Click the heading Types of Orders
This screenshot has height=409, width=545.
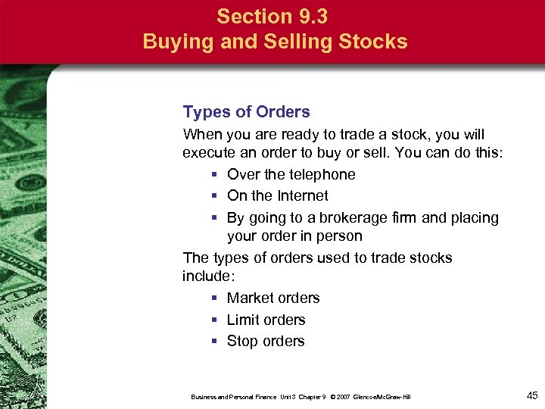246,112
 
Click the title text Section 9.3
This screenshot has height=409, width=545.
276,16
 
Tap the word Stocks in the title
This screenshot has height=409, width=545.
374,41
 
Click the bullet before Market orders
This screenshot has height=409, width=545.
216,298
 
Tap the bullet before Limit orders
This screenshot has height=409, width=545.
216,320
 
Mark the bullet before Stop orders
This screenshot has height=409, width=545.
216,342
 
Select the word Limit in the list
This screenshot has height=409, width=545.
243,320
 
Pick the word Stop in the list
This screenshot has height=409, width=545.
242,342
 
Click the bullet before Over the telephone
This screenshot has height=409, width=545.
216,175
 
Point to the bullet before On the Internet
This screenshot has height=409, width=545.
216,196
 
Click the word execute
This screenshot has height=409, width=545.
209,153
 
